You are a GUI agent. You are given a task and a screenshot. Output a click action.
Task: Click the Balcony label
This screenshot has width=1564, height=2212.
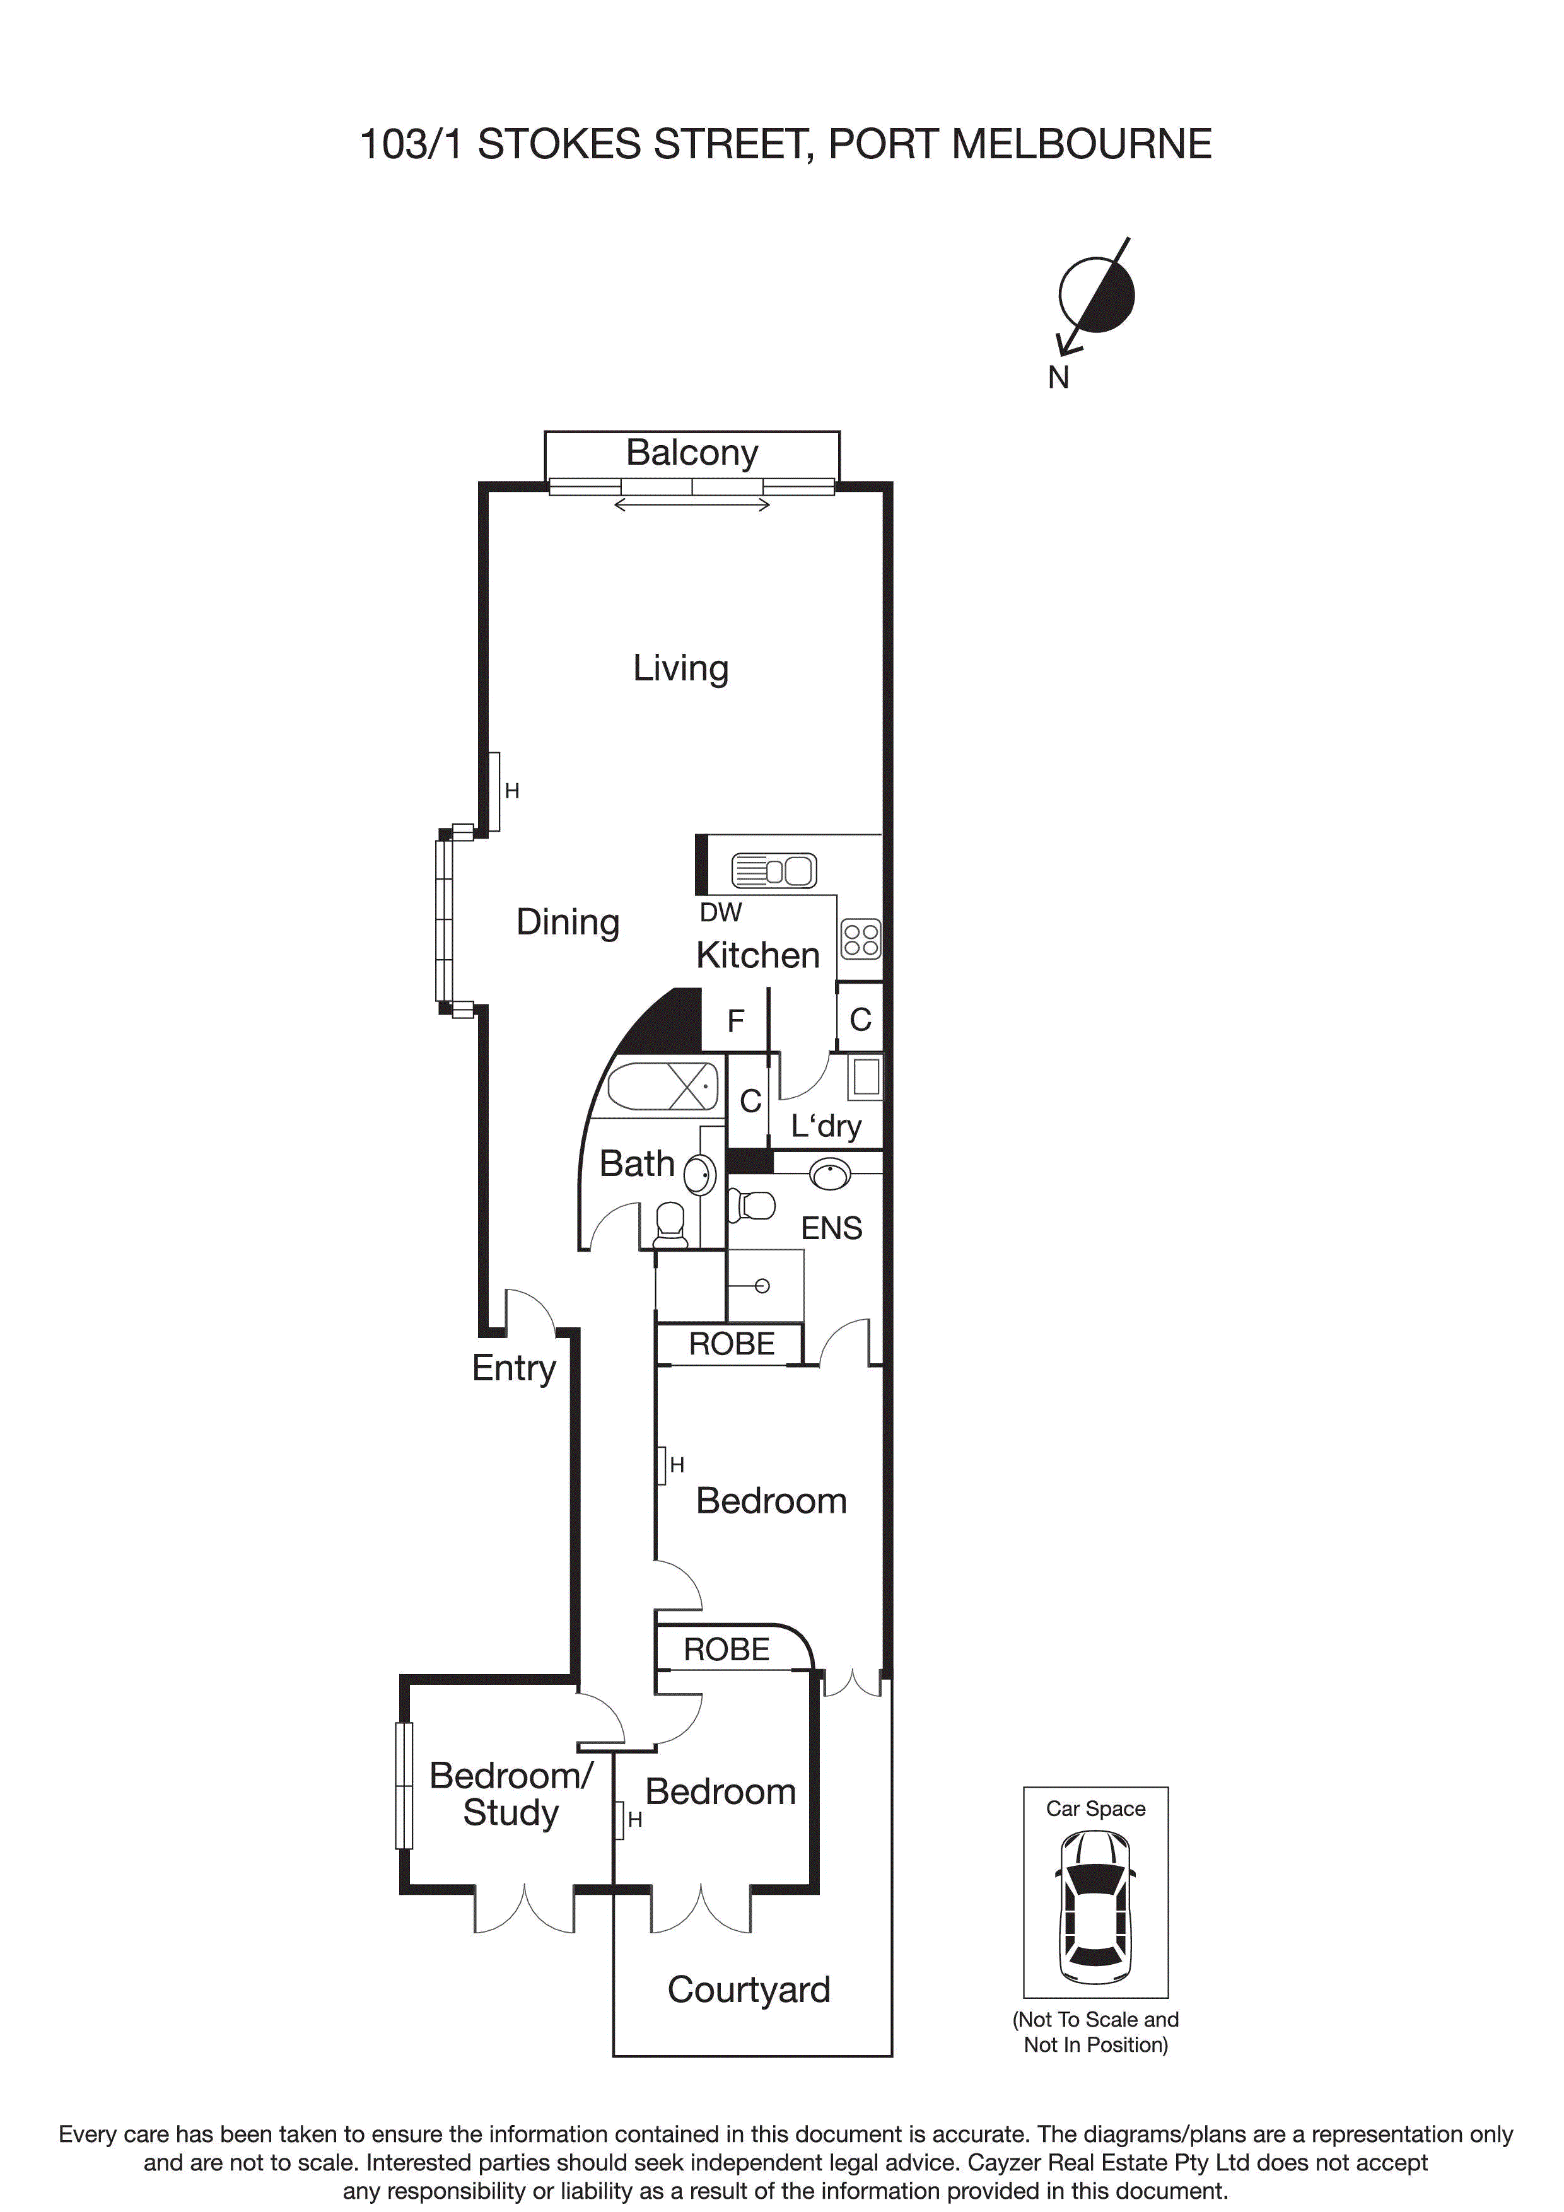point(691,453)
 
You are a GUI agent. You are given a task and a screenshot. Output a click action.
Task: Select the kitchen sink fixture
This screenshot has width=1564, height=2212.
point(774,870)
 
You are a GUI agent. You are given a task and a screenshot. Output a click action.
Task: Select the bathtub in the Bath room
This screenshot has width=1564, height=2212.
point(665,1088)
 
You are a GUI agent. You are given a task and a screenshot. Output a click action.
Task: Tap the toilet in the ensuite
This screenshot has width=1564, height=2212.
point(752,1204)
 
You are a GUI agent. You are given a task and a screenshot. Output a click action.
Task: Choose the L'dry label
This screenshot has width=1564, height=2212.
point(826,1126)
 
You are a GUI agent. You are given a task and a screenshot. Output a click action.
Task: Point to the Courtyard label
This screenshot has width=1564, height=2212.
point(749,1989)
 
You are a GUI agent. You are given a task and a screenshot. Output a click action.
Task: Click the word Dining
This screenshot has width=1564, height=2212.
point(568,922)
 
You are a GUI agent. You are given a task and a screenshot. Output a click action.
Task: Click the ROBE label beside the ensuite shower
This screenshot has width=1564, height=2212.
point(732,1344)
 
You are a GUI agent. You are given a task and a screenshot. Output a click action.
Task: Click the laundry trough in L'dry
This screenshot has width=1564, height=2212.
point(865,1077)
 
